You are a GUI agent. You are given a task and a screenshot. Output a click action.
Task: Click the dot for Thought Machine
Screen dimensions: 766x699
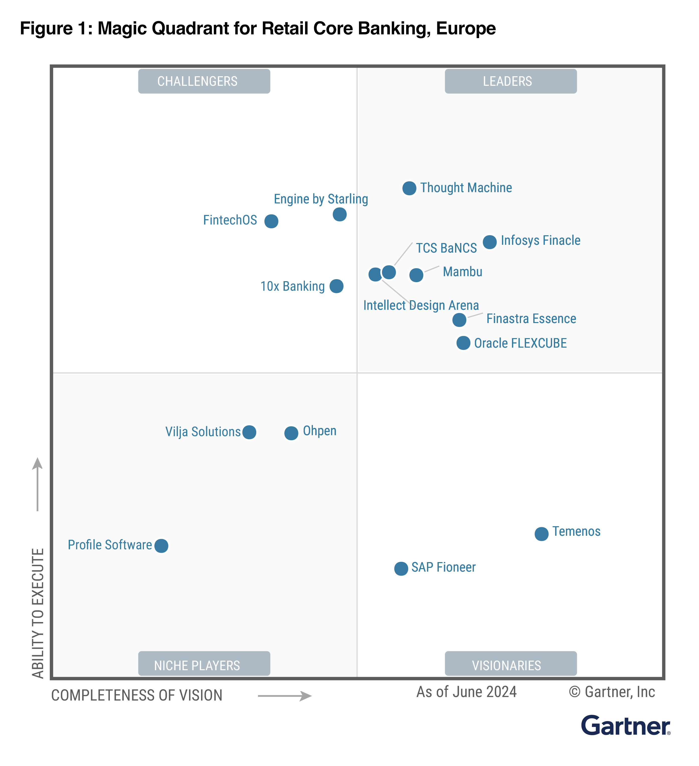[409, 188]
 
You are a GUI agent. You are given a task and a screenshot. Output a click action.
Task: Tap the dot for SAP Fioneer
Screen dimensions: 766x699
[401, 569]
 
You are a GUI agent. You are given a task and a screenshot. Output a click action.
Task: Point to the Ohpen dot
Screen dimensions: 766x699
[291, 433]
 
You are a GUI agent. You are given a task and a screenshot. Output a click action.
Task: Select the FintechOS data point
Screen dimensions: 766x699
[271, 221]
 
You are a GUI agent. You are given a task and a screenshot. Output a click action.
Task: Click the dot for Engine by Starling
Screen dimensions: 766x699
[340, 214]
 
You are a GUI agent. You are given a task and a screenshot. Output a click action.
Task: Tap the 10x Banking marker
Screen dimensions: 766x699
[336, 286]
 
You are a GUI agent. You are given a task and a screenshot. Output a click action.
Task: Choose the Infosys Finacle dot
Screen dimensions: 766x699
[490, 242]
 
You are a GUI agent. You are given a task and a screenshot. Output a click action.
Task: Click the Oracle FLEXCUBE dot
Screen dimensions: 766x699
[463, 343]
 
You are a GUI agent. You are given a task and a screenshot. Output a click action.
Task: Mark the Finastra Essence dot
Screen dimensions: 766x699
[459, 320]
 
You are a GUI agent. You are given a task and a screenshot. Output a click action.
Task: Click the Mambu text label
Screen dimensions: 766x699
[462, 272]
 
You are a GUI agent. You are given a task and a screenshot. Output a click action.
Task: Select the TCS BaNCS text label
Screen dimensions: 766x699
[446, 248]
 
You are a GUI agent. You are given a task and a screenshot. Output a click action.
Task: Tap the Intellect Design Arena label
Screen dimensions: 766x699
[421, 305]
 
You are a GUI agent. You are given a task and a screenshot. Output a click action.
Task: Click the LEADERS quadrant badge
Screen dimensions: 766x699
[510, 81]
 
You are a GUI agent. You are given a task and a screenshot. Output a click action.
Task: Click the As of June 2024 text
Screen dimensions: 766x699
[467, 692]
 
